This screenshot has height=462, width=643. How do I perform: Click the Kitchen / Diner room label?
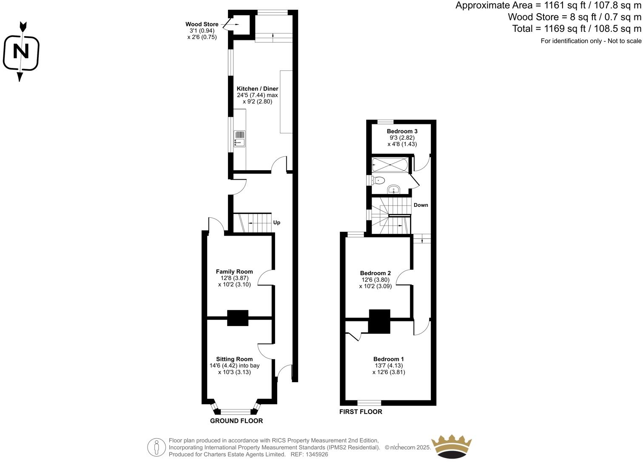[x=257, y=89]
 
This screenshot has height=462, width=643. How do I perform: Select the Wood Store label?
[x=202, y=24]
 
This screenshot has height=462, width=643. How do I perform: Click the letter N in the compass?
[x=21, y=52]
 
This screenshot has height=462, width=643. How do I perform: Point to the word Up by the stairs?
[x=276, y=223]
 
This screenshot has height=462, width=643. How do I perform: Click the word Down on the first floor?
[x=421, y=205]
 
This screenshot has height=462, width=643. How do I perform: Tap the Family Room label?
[x=234, y=272]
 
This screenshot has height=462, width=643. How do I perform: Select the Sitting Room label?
[x=234, y=359]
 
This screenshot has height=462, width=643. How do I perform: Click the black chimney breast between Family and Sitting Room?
[x=237, y=318]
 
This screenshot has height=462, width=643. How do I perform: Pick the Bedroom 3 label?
[x=402, y=131]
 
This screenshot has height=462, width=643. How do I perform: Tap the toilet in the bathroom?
[x=378, y=180]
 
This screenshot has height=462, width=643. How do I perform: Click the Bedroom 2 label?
[x=375, y=273]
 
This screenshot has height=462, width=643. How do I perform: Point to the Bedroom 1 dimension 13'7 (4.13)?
[x=388, y=366]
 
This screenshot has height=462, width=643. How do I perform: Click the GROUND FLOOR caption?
[x=236, y=421]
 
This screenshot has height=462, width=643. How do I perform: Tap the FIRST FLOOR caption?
[x=361, y=412]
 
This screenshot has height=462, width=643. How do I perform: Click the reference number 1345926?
[x=316, y=454]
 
